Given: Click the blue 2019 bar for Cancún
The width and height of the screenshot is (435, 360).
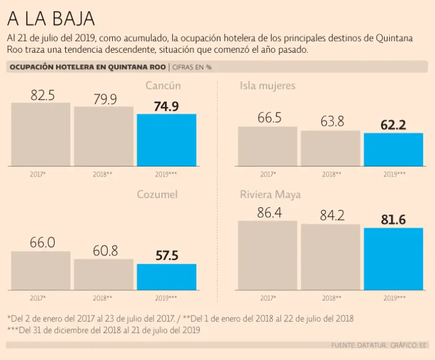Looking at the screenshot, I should point(167,140).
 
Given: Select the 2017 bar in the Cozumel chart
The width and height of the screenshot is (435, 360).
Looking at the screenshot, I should point(41,271).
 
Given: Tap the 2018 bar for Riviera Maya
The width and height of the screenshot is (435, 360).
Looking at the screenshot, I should point(330,256).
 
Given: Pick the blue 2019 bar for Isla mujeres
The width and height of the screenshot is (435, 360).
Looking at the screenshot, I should point(393,149).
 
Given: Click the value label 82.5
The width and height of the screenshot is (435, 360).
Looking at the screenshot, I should point(42,95).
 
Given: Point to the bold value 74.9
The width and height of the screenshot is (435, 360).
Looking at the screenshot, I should point(167,106).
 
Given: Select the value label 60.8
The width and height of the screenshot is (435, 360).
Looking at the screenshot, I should point(105,251).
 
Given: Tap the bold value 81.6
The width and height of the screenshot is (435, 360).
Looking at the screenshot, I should point(393,220).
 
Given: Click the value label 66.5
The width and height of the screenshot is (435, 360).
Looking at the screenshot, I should point(269,118).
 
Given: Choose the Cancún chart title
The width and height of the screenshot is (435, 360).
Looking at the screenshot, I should point(163,86).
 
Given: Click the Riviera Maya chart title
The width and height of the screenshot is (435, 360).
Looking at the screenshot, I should point(270,195).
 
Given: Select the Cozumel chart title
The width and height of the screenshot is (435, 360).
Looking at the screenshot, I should point(157,195).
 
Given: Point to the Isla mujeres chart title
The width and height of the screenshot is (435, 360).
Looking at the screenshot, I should point(267,86).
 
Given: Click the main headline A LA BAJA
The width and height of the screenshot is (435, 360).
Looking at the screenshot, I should point(50,19).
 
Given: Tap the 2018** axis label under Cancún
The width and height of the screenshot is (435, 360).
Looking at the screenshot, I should point(103,174).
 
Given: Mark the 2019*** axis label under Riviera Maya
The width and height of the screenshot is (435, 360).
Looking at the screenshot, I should point(394,298).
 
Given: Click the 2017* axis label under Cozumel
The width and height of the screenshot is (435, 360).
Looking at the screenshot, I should point(38,298).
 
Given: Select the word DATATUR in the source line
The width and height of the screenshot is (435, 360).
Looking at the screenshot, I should point(366,345).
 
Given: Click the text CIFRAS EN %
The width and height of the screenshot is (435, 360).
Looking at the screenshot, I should point(192,67).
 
